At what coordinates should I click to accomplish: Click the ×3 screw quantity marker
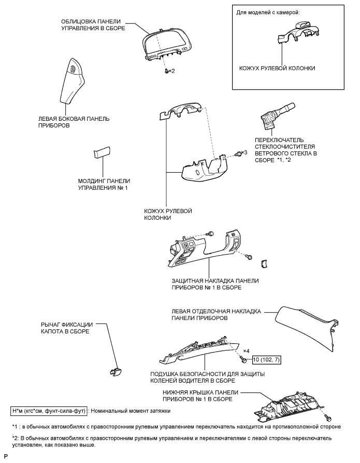pyautogui.click(x=244, y=152)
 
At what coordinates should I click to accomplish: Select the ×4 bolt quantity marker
pyautogui.click(x=247, y=352)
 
